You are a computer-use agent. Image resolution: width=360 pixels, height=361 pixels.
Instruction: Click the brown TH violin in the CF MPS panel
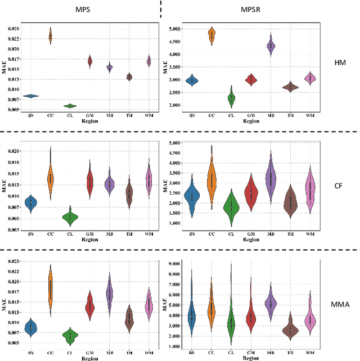tap(129, 195)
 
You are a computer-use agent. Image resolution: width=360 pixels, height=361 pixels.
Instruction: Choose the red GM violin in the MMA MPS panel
tap(89, 306)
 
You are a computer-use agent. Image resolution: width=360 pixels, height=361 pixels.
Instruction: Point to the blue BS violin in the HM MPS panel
tap(31, 96)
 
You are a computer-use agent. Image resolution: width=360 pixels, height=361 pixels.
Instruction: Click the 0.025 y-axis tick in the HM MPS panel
tap(12, 28)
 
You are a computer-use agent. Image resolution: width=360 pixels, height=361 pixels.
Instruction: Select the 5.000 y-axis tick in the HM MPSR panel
tap(173, 28)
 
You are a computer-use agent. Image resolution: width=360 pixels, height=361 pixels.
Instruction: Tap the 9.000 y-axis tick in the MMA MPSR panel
tap(173, 263)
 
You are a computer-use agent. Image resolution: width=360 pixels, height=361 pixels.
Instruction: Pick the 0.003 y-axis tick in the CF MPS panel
tap(12, 229)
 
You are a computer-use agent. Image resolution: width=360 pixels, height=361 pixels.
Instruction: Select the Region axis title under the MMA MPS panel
tap(89, 357)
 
